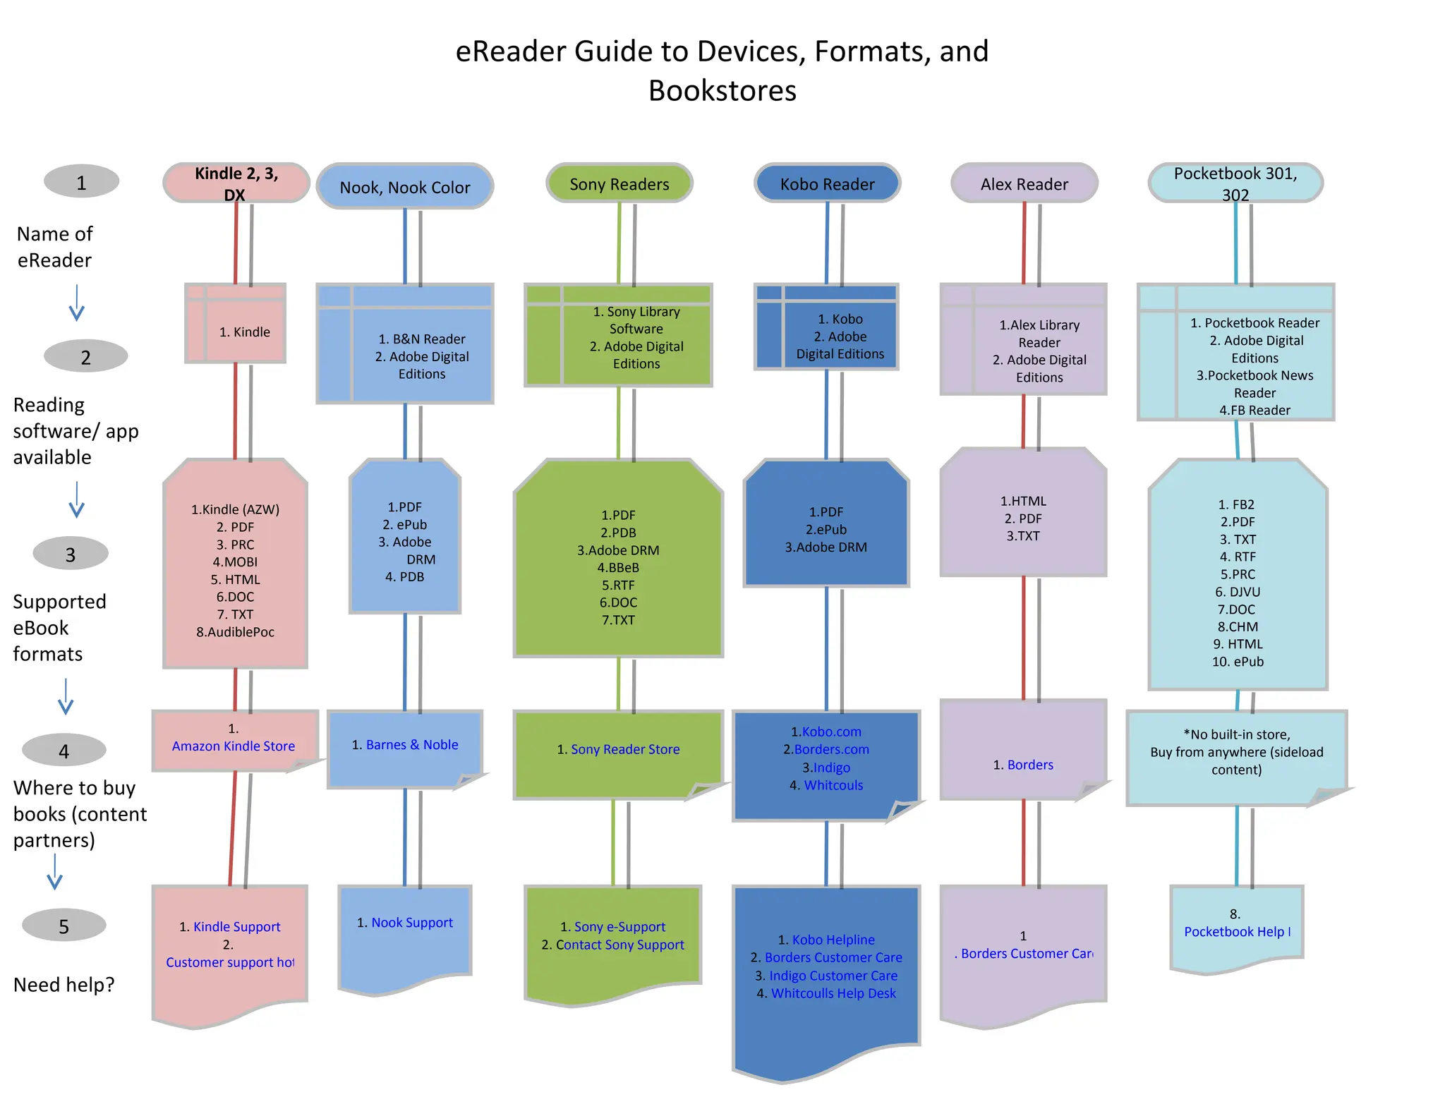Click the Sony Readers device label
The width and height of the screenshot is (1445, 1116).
pyautogui.click(x=619, y=184)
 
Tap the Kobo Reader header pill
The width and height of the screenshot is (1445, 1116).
pyautogui.click(x=827, y=184)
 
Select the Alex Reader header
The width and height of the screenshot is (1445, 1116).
pyautogui.click(x=1024, y=184)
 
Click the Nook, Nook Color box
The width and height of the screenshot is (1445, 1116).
pyautogui.click(x=404, y=187)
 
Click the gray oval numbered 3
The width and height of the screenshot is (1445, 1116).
pyautogui.click(x=71, y=554)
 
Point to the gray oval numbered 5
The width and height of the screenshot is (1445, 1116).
pyautogui.click(x=64, y=926)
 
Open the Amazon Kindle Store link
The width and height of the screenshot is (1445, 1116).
pyautogui.click(x=234, y=746)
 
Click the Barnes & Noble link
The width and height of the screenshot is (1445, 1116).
pyautogui.click(x=412, y=744)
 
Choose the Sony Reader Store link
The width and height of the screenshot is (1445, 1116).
pyautogui.click(x=625, y=749)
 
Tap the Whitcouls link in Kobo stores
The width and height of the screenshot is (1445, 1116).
pyautogui.click(x=833, y=785)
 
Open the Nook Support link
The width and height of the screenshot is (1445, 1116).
pyautogui.click(x=412, y=922)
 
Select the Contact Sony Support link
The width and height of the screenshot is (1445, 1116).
pyautogui.click(x=620, y=945)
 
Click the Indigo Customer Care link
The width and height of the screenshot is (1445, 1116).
pyautogui.click(x=833, y=976)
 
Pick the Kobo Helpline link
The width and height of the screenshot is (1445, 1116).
pyautogui.click(x=833, y=940)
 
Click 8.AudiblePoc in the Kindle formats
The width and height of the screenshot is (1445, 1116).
pyautogui.click(x=235, y=632)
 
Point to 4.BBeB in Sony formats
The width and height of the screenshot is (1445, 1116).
pyautogui.click(x=618, y=567)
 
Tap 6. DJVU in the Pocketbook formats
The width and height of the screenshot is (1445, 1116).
pyautogui.click(x=1238, y=592)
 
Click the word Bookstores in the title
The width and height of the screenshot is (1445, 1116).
pyautogui.click(x=722, y=91)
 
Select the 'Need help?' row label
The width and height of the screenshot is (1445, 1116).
pyautogui.click(x=64, y=985)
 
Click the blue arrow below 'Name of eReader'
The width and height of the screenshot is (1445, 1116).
pyautogui.click(x=76, y=303)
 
